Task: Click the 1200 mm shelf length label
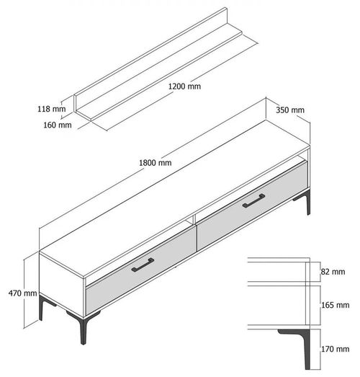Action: click(184, 86)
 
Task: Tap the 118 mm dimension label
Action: click(52, 109)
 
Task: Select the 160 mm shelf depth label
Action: click(58, 125)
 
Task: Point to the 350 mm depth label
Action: click(290, 110)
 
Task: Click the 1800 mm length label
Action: click(156, 163)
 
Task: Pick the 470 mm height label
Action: click(22, 293)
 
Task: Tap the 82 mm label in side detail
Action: click(333, 272)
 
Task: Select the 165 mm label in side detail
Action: click(336, 305)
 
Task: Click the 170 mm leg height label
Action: click(336, 349)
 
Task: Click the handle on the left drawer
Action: click(143, 265)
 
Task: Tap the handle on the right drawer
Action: click(253, 200)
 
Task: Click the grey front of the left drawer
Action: click(141, 270)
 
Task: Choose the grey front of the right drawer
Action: click(253, 206)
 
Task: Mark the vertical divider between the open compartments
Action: click(194, 218)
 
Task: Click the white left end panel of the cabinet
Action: click(62, 285)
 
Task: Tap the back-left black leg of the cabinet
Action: click(45, 306)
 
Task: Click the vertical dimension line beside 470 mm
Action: click(24, 294)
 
